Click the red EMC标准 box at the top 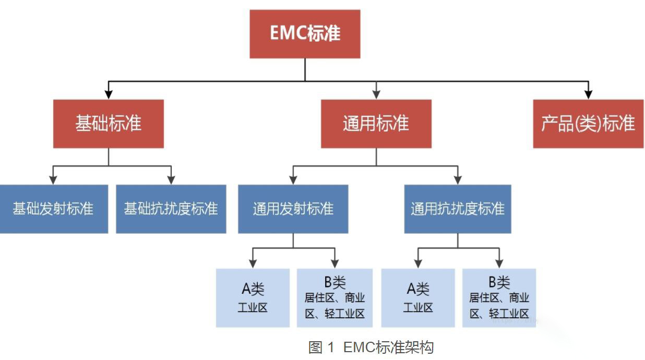pos(305,34)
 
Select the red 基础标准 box pos(109,124)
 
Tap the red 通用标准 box pos(376,124)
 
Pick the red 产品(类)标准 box pos(588,124)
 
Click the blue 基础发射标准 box pos(53,209)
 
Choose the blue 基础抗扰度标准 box pos(171,209)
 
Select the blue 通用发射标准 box pos(293,209)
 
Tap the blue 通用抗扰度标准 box pos(458,209)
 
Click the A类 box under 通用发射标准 pos(253,298)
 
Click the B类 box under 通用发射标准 pos(335,298)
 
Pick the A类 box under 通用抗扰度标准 pos(417,298)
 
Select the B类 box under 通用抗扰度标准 pos(499,298)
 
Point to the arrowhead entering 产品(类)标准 pos(588,94)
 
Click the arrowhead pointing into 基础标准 pos(109,94)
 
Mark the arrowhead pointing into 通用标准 pos(376,94)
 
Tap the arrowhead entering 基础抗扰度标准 pos(171,180)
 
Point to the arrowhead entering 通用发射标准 pos(293,180)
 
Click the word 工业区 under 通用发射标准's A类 pos(253,307)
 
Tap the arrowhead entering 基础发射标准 pos(53,180)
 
